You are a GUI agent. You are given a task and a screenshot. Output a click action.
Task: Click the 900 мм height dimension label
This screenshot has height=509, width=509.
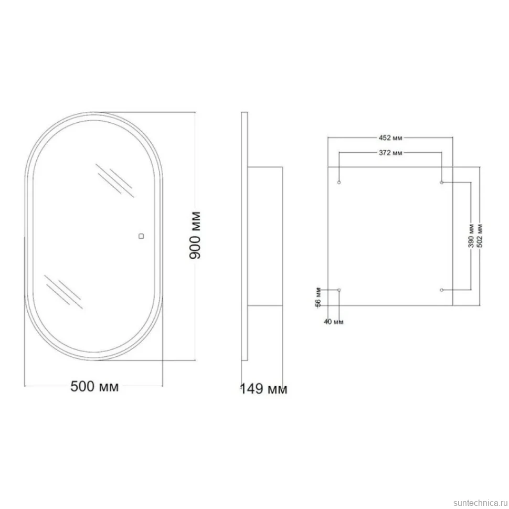(195, 236)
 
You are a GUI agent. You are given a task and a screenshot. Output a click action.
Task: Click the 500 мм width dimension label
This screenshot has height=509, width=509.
(94, 386)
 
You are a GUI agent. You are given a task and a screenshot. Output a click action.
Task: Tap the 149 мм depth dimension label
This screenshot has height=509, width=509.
(263, 388)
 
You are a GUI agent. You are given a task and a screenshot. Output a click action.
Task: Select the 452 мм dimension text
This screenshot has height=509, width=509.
(390, 138)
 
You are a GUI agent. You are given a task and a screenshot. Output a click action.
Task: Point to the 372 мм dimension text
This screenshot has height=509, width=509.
(390, 153)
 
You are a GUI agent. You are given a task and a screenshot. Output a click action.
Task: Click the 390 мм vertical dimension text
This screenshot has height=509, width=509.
(471, 236)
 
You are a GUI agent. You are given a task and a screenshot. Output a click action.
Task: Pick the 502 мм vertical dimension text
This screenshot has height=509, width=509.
(480, 236)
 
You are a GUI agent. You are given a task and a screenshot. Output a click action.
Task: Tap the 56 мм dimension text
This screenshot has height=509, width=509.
(319, 297)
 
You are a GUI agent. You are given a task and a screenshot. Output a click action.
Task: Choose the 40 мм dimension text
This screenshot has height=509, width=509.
(334, 322)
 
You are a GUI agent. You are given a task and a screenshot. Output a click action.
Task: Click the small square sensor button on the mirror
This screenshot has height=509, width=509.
(141, 236)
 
